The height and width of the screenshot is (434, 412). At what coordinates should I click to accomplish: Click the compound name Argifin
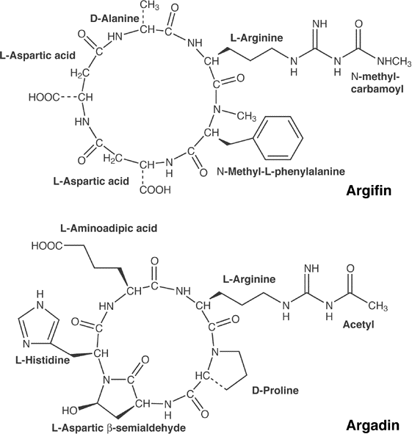[369, 191]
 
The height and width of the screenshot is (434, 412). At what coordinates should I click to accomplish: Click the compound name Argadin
[372, 425]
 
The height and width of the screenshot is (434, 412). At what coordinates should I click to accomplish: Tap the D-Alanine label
[115, 18]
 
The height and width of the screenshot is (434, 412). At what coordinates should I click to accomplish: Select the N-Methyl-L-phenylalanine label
[281, 171]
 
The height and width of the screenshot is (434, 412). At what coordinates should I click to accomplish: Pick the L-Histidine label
[43, 360]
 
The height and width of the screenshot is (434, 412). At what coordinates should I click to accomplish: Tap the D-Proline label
[275, 390]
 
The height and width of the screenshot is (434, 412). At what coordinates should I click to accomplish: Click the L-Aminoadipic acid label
[109, 228]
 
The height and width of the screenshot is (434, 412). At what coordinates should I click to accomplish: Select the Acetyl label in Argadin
[358, 324]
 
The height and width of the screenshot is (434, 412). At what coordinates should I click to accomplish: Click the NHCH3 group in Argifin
[394, 62]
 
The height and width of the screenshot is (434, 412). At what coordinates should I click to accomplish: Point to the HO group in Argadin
[70, 411]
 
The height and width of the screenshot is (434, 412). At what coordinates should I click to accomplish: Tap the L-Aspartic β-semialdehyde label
[119, 428]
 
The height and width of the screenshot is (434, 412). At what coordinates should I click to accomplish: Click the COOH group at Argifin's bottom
[155, 190]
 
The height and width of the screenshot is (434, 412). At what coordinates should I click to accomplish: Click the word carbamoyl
[377, 89]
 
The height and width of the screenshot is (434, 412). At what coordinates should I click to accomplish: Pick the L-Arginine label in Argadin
[249, 279]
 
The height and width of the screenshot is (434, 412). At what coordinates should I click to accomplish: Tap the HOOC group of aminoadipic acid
[47, 246]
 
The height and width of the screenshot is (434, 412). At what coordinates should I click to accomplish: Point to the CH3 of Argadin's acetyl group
[378, 306]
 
